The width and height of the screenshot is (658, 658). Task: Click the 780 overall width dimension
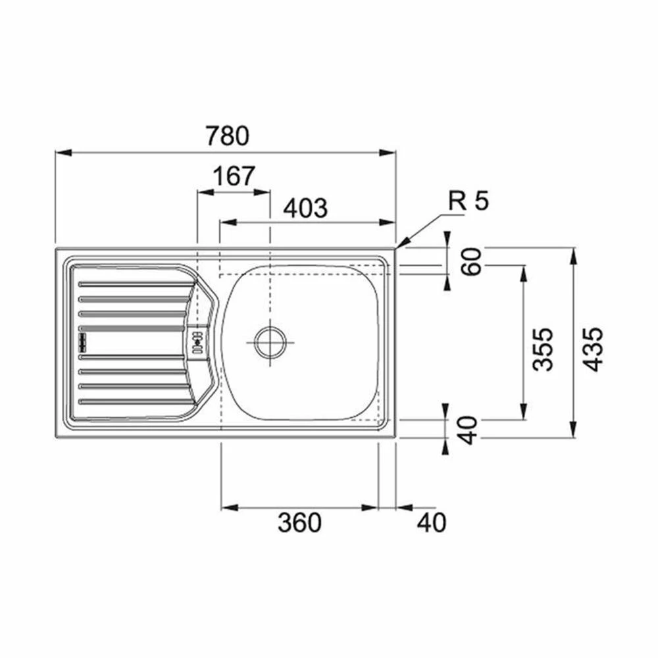pyautogui.click(x=228, y=136)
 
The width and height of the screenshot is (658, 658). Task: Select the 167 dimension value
pyautogui.click(x=234, y=176)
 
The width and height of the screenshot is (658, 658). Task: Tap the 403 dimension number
pyautogui.click(x=305, y=208)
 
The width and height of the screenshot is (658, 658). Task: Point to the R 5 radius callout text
pyautogui.click(x=468, y=201)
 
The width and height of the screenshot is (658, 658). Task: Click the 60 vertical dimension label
pyautogui.click(x=471, y=261)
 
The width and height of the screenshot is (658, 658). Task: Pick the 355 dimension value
pyautogui.click(x=543, y=349)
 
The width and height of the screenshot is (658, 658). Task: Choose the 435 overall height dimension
pyautogui.click(x=594, y=349)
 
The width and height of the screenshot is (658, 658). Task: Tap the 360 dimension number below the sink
pyautogui.click(x=299, y=522)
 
